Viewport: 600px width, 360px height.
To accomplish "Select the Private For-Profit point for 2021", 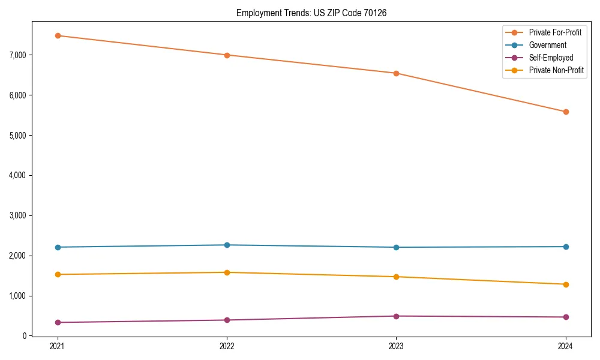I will pos(58,35).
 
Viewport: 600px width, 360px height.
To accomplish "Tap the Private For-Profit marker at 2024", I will pos(566,112).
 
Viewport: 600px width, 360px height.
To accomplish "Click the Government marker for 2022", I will pos(227,245).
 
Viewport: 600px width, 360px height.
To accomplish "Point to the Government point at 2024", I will pos(566,247).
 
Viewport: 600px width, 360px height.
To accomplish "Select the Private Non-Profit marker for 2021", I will pos(58,274).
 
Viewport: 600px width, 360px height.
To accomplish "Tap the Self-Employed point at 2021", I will pos(58,322).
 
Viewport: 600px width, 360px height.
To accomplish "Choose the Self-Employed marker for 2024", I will pos(566,317).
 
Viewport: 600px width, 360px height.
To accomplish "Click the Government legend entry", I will pos(547,45).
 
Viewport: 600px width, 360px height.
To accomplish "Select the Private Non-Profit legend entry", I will pos(556,70).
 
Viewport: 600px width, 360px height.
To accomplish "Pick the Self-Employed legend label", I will pos(551,58).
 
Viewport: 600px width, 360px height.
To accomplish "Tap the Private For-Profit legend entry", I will pos(555,32).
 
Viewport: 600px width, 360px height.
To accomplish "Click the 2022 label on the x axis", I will pos(227,346).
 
